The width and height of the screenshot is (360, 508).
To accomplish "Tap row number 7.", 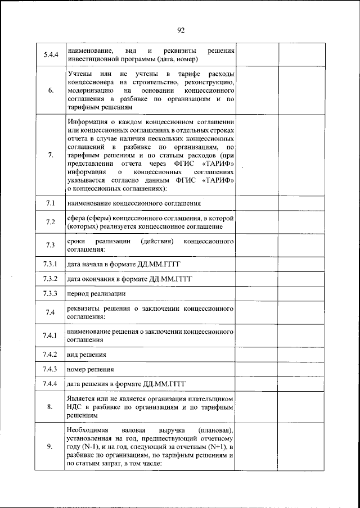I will pos(50,156).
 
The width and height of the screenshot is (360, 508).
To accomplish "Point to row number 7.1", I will pos(50,202).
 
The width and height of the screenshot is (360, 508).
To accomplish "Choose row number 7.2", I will pos(50,222).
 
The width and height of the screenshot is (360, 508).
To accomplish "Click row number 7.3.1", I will pos(50,264).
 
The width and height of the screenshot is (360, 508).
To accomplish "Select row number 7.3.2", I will pos(50,279).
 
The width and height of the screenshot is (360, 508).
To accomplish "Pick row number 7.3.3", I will pos(50,293).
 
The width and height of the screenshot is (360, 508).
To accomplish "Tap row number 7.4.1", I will pos(50,336).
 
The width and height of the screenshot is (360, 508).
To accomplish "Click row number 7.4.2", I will pos(50,355).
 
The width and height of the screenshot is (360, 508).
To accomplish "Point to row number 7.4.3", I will pos(50,369).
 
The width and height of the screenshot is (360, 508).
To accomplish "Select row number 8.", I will pos(50,407).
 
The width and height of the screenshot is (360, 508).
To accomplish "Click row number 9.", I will pos(50,447).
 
